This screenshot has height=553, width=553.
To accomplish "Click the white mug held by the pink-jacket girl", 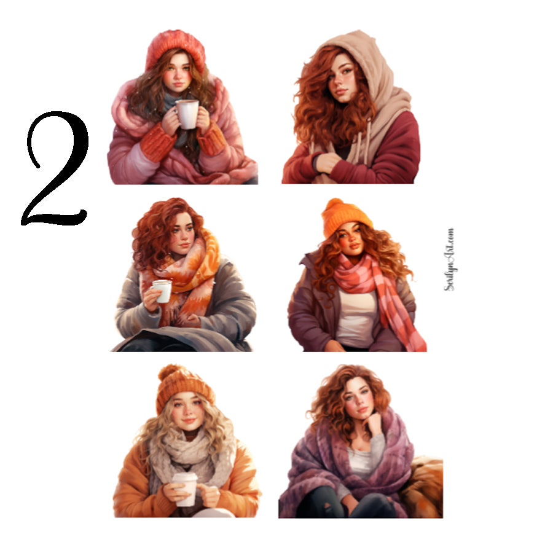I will point(187,114).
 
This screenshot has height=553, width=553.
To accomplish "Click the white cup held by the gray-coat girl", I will point(162,291).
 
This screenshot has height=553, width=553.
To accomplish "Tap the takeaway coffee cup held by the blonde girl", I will point(184,488).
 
